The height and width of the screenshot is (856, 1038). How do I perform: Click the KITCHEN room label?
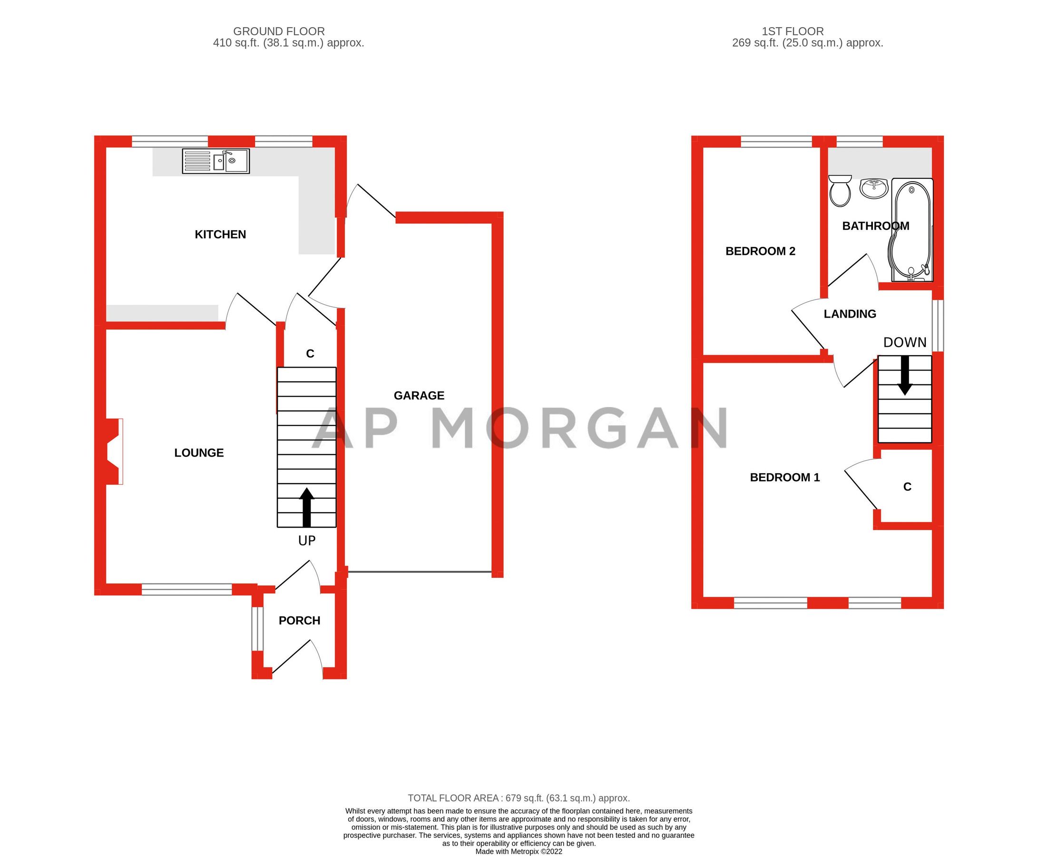pos(220,234)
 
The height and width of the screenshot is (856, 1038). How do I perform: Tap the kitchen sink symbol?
pos(215,161)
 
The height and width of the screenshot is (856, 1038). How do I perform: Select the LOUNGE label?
pos(199,453)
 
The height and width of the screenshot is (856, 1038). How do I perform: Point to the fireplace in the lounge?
pos(114,452)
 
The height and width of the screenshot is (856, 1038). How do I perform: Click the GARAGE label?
pos(419,396)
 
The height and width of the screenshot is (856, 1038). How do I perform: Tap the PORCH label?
pos(299,620)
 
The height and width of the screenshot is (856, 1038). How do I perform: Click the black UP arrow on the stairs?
pos(307,507)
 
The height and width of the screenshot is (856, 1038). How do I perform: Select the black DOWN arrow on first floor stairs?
pos(904,375)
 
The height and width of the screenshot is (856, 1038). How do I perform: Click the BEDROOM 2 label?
pos(760,251)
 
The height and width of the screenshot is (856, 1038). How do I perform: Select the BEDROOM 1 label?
pos(784,477)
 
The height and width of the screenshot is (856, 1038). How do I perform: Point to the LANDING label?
pos(850,313)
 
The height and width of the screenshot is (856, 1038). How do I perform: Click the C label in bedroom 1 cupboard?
pos(907,486)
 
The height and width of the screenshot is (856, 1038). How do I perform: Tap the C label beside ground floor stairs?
pos(310,353)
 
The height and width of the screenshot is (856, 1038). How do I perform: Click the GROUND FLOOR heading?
pos(279,31)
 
